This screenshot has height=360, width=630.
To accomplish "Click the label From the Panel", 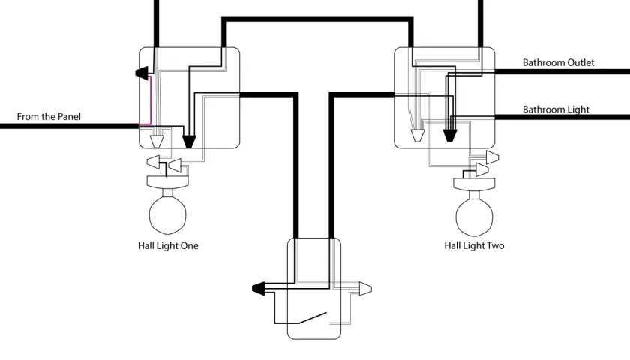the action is [49, 116].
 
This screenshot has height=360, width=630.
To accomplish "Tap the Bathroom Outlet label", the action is [558, 62].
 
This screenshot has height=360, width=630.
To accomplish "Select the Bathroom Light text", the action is [556, 109].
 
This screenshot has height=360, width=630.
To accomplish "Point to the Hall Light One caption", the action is [168, 245].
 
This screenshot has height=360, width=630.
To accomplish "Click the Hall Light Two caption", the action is [474, 245].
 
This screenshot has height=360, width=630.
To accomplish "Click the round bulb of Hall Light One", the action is [167, 213].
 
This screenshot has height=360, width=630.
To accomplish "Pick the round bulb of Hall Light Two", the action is [474, 214].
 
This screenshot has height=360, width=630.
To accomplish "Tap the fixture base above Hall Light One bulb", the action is [167, 182].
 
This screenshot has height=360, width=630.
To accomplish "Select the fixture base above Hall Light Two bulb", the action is [474, 184].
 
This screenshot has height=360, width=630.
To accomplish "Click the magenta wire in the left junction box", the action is [150, 100].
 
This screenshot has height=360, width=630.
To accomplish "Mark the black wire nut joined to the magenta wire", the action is [142, 73].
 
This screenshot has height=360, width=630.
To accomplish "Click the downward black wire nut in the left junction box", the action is [189, 142].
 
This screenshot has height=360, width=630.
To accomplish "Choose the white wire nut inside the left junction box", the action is [157, 142].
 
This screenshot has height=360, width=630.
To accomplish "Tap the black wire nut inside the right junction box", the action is [449, 136].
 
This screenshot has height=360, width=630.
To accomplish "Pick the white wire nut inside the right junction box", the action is [417, 136].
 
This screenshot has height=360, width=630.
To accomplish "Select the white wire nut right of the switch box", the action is [365, 289].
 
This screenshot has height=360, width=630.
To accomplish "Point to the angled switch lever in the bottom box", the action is [313, 317].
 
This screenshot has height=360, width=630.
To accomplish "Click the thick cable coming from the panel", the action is [70, 126].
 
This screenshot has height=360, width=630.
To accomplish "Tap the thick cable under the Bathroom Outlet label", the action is [562, 71].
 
